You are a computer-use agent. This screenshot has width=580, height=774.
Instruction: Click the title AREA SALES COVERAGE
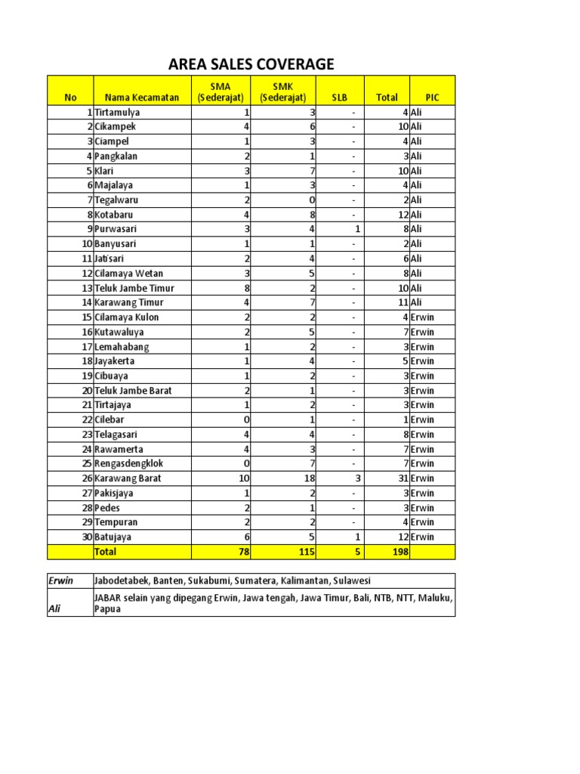point(251,63)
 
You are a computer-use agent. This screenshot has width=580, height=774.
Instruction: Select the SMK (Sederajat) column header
point(282,91)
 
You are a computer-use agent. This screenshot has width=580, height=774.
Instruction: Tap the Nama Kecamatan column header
point(141,98)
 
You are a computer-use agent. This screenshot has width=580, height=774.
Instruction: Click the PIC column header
point(432,98)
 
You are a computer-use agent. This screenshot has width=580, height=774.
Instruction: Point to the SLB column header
point(339,98)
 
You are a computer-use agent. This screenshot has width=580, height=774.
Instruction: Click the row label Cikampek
point(115,127)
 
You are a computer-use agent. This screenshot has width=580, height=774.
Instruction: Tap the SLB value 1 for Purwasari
point(340,229)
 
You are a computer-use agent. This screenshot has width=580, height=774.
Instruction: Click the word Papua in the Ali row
point(108,608)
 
